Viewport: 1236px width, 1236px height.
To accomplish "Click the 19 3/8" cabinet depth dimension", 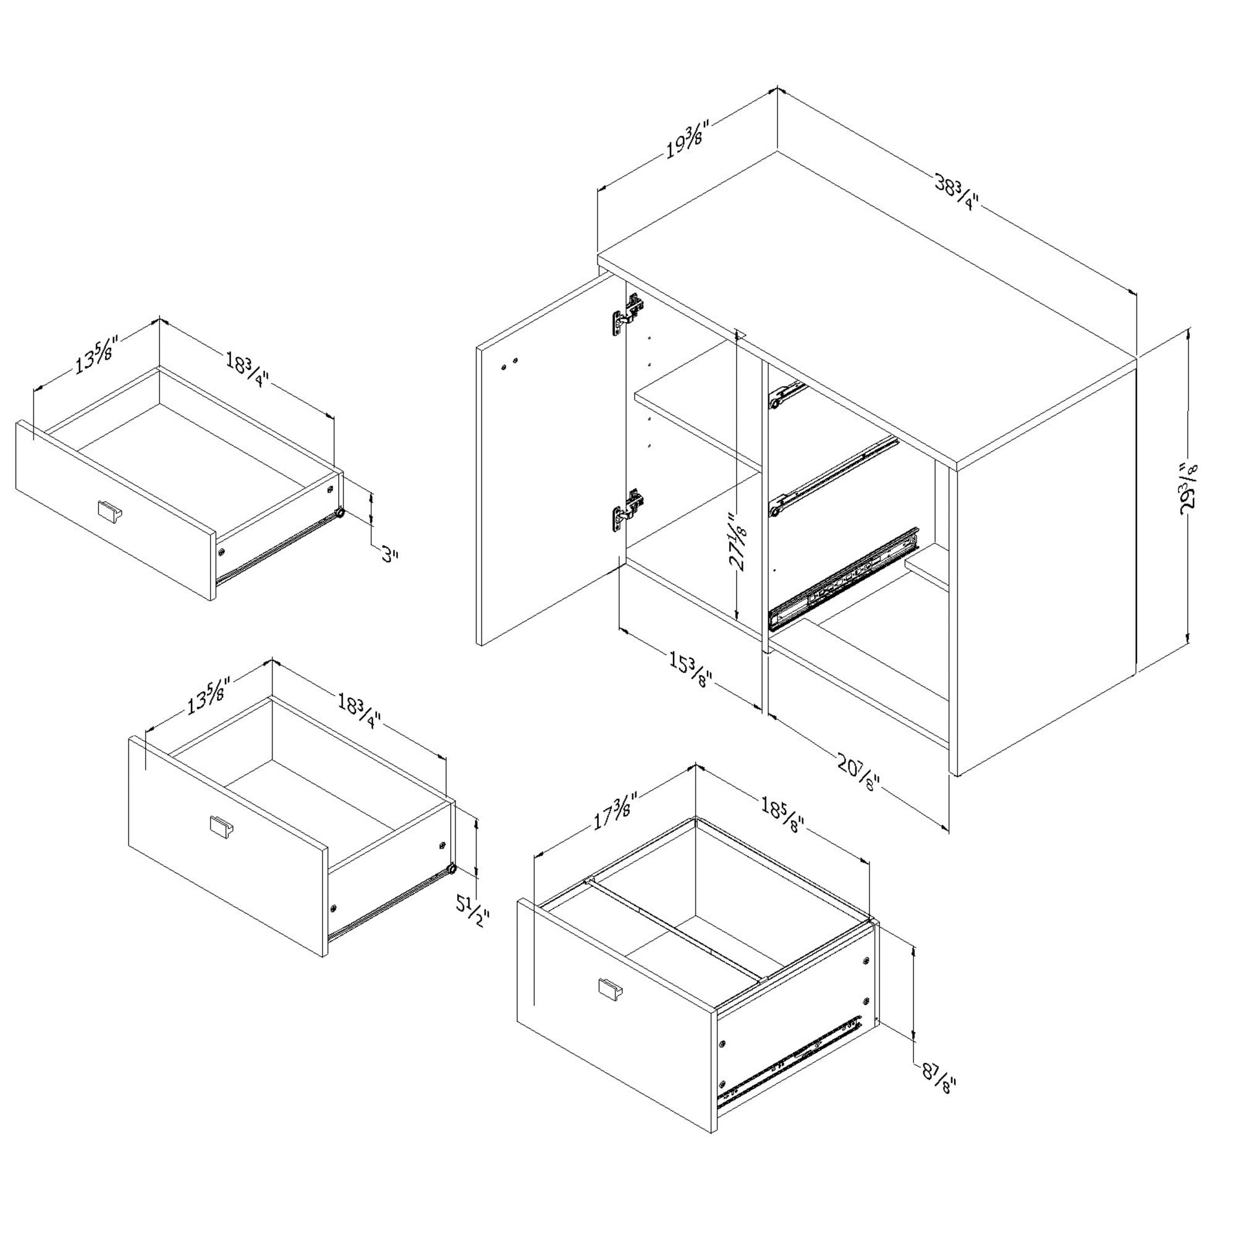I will (x=685, y=142).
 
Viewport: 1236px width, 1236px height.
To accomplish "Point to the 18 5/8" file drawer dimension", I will (x=781, y=814).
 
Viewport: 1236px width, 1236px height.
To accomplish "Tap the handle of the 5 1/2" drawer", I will (x=221, y=824).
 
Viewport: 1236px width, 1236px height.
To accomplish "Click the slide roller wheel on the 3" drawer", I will (x=340, y=513).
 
